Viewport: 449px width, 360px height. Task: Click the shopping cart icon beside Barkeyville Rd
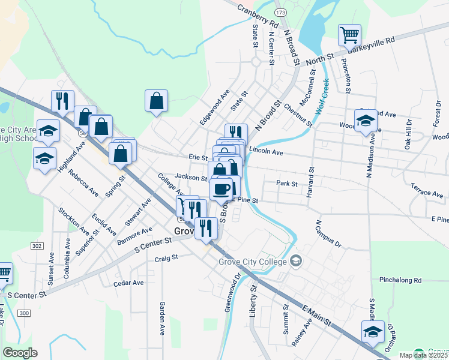tap(349, 34)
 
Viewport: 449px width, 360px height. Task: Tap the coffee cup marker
tap(221, 188)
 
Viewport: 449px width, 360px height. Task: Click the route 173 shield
tap(280, 11)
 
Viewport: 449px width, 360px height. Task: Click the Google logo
tap(20, 353)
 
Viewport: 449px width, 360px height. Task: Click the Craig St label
tap(166, 258)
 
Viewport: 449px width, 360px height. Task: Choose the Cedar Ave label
tap(128, 283)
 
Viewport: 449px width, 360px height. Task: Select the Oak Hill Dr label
tap(408, 133)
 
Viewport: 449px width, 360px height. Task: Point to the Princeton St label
tap(345, 74)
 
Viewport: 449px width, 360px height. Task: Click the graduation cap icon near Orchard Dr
tap(372, 331)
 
